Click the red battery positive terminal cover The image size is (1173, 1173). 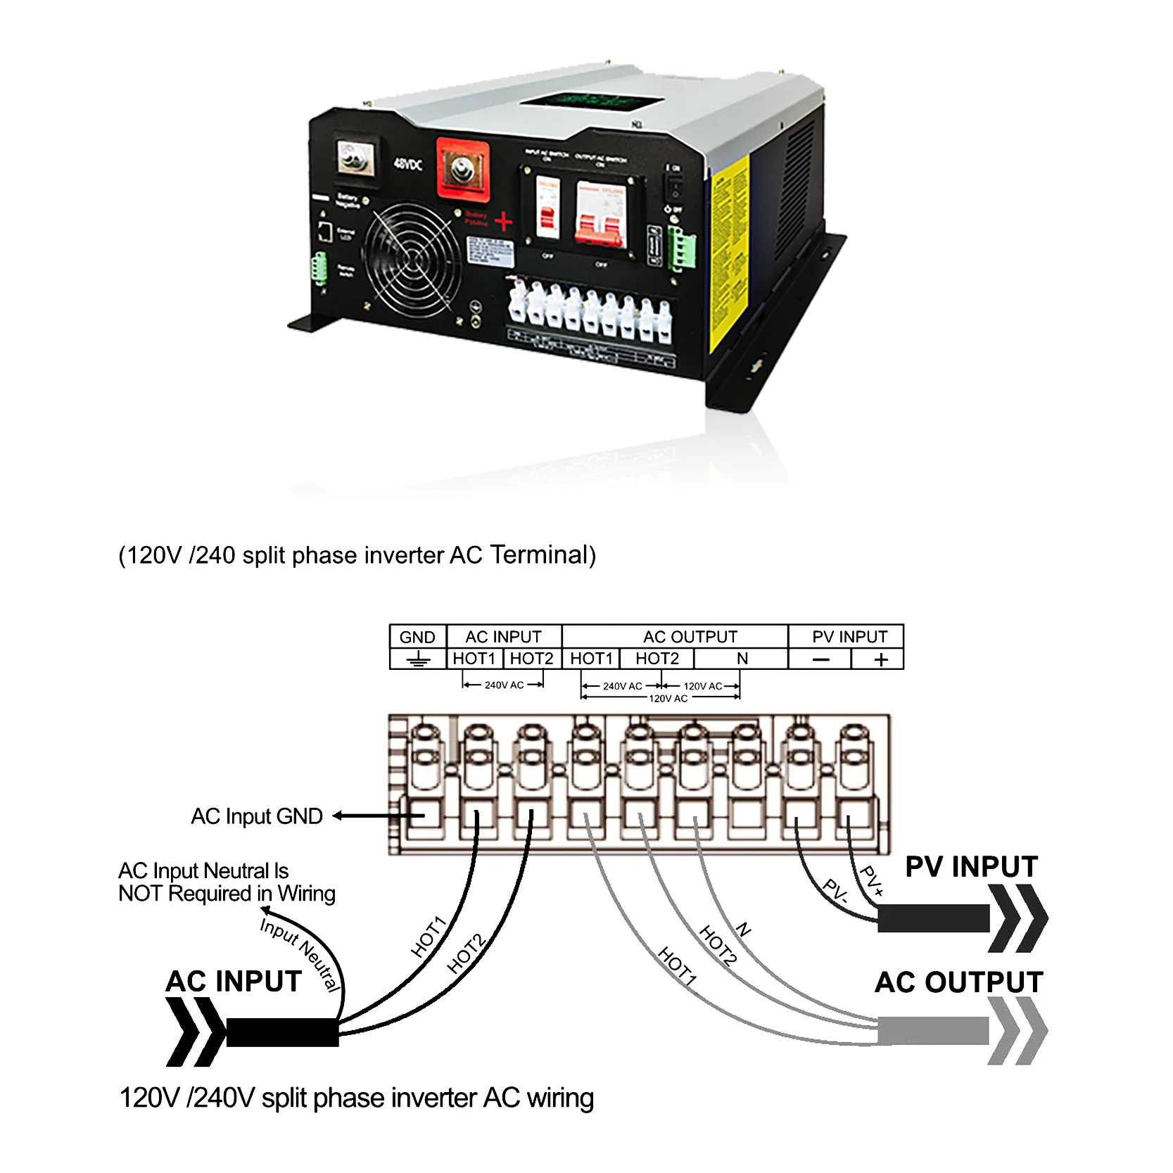[x=462, y=169]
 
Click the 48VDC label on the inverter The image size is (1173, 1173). [x=407, y=164]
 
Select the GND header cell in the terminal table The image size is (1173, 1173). [x=417, y=637]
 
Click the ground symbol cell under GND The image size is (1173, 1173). [x=418, y=659]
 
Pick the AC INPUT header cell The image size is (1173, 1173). [x=504, y=637]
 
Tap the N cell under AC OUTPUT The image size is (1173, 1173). [x=742, y=659]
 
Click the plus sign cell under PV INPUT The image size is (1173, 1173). [x=880, y=659]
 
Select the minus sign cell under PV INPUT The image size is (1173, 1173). [x=820, y=659]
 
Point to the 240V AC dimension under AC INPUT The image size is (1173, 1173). [x=504, y=685]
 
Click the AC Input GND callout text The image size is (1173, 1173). [x=257, y=816]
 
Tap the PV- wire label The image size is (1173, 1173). [x=836, y=891]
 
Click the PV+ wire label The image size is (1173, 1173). [x=871, y=880]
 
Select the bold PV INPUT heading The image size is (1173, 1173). [x=971, y=867]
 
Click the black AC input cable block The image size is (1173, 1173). [x=282, y=1032]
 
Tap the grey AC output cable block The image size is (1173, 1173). [x=933, y=1031]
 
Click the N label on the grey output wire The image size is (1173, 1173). [x=743, y=930]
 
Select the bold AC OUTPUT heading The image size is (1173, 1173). [x=958, y=982]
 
